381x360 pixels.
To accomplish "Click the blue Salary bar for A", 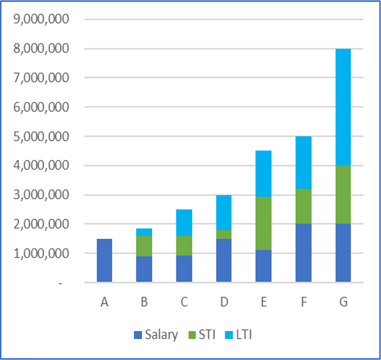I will point(105,260).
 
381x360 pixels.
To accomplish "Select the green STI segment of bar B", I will point(144,246).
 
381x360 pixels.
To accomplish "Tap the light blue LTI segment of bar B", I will point(144,232).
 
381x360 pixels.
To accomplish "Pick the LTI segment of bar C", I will point(184,223).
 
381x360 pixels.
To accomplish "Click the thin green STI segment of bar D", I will point(224,234).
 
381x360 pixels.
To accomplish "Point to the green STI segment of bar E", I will point(264,223).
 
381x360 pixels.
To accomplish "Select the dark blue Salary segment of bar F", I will point(303,253).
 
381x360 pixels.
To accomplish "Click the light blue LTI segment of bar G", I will point(343,107).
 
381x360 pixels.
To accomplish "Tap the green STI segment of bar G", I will point(343,195).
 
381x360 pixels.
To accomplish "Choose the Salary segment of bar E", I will point(264,266).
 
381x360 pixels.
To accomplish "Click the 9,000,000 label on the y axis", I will point(41,19).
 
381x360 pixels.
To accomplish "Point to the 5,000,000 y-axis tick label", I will point(41,136).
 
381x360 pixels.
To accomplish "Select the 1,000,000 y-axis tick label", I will point(41,253).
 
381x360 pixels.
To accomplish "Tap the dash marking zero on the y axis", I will point(60,283).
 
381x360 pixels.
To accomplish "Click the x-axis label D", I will point(224,302).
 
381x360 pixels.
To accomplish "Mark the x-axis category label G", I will point(343,302).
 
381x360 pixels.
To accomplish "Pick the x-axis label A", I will point(105,302).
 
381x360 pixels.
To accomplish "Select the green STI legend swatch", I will point(193,335).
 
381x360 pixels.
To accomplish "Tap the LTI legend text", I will point(244,335).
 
